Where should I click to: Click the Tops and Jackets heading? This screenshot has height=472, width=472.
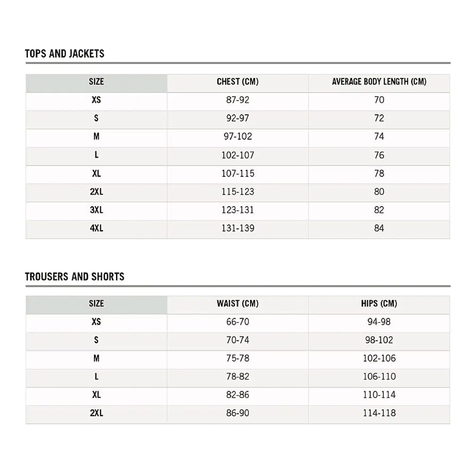tap(65, 53)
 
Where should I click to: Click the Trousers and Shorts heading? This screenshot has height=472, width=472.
tap(75, 277)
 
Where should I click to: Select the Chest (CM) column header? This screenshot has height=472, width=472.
tap(237, 82)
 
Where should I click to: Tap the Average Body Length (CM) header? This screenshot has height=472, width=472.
tap(379, 82)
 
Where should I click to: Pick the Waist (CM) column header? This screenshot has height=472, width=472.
tap(237, 303)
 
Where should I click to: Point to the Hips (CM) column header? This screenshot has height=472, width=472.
tap(379, 303)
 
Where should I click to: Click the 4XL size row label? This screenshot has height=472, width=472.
tap(96, 228)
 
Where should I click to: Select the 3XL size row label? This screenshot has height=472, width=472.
tap(96, 210)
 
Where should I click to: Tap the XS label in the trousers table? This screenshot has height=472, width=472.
tap(96, 322)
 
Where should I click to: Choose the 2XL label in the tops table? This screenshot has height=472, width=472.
tap(96, 192)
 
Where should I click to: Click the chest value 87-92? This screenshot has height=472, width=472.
tap(237, 100)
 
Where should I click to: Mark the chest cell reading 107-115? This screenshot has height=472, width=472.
tap(237, 174)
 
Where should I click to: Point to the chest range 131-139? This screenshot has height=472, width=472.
tap(237, 228)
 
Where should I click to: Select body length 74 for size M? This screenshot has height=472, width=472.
tap(379, 137)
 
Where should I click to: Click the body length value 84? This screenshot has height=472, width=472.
tap(379, 228)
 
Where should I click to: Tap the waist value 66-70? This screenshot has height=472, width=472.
tap(237, 322)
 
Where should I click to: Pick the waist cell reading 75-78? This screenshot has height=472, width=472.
tap(237, 359)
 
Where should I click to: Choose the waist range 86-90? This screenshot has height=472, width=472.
tap(237, 413)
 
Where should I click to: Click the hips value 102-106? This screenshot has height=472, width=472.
tap(379, 359)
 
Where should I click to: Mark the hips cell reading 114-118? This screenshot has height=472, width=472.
tap(379, 413)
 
